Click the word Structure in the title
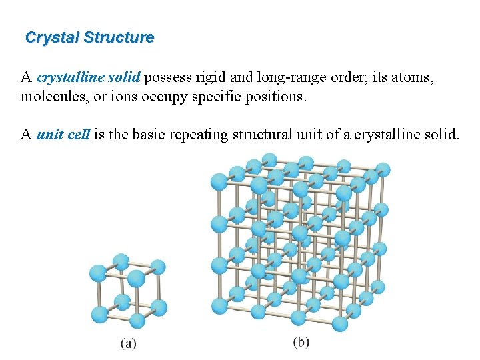pyautogui.click(x=119, y=37)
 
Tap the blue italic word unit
pyautogui.click(x=49, y=135)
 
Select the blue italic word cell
pyautogui.click(x=78, y=135)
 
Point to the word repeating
pyautogui.click(x=197, y=135)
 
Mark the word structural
pyautogui.click(x=262, y=135)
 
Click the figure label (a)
pyautogui.click(x=128, y=344)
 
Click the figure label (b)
pyautogui.click(x=301, y=342)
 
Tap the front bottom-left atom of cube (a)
pyautogui.click(x=100, y=314)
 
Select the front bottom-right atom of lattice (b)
pyautogui.click(x=340, y=324)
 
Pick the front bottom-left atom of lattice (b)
pyautogui.click(x=220, y=306)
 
